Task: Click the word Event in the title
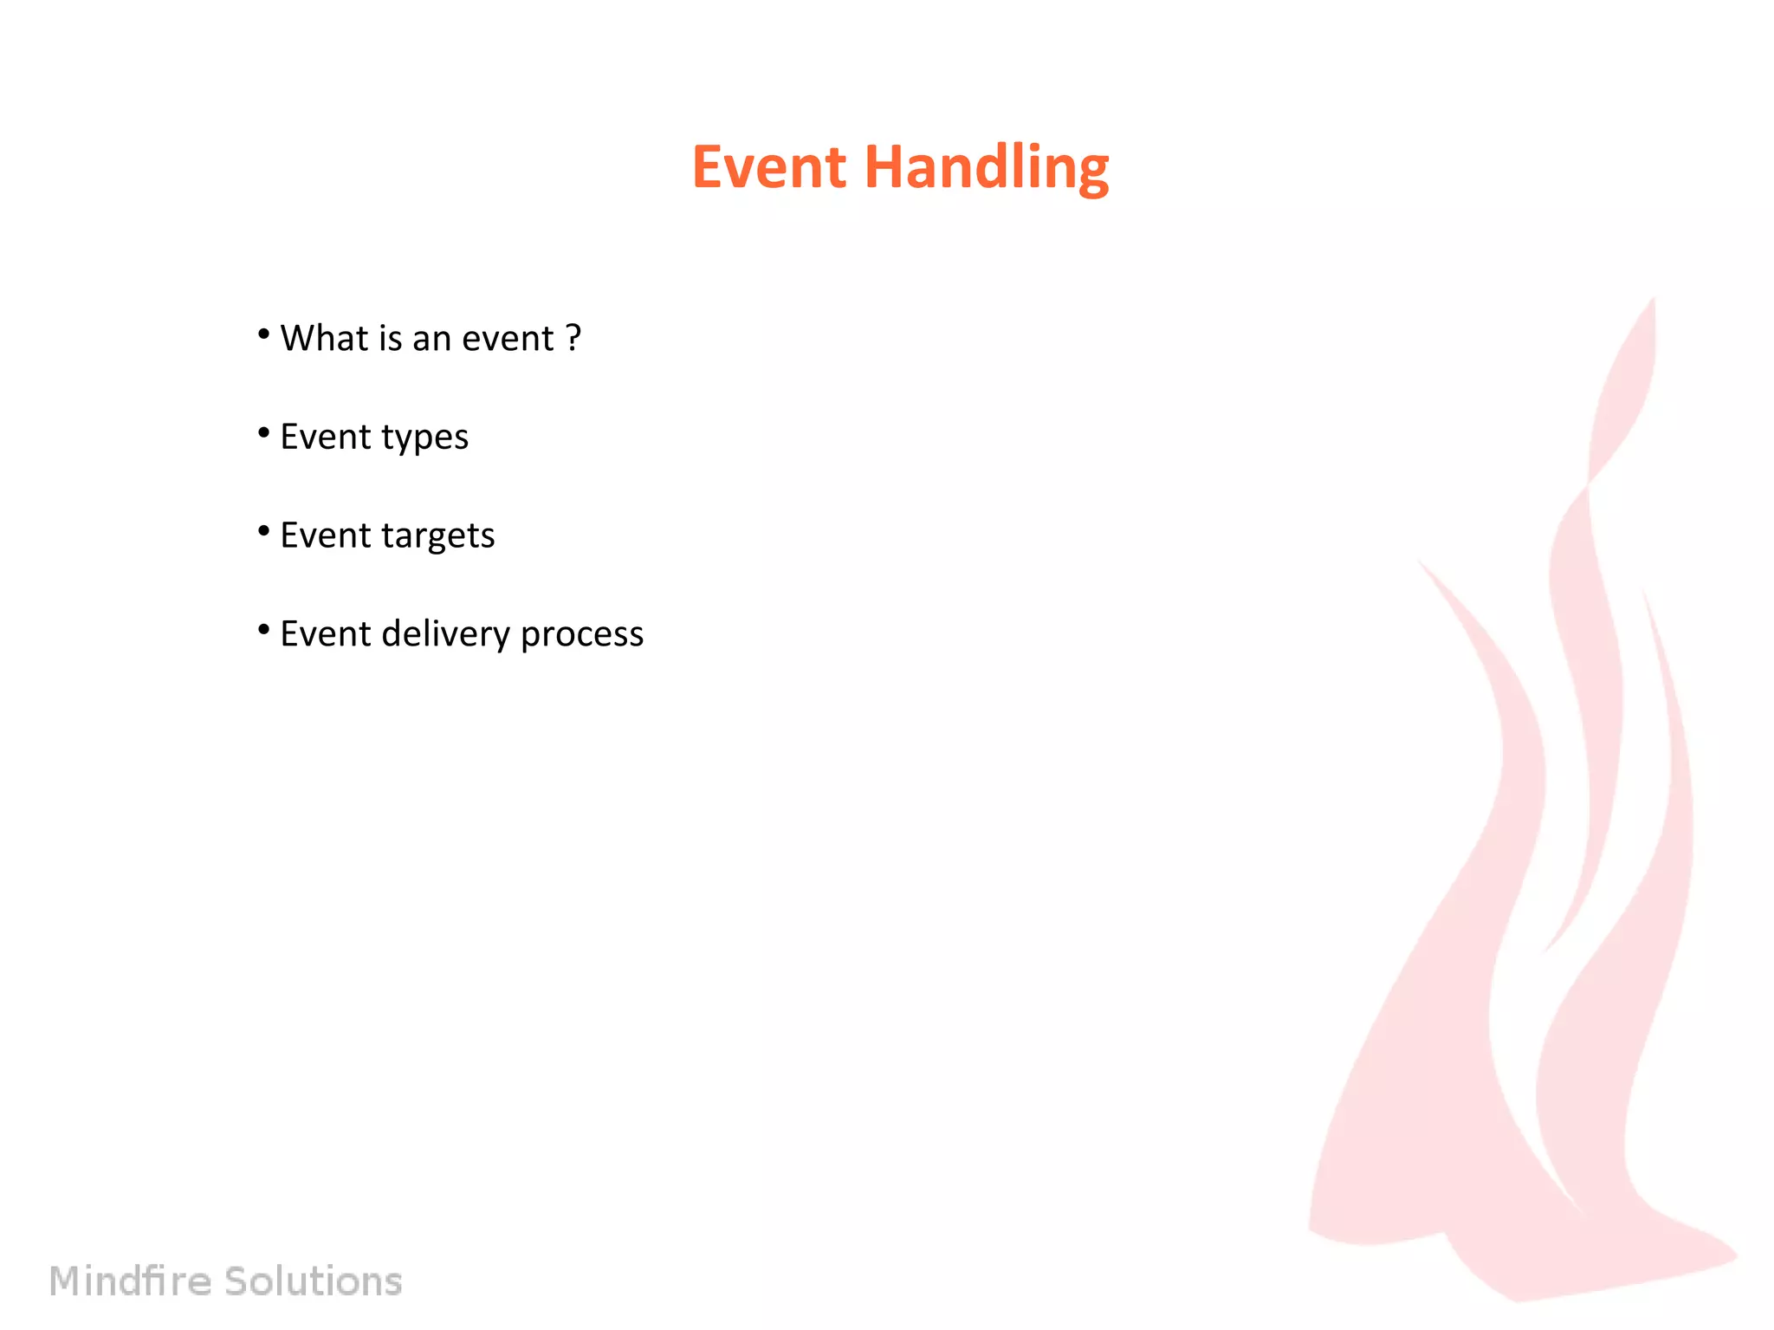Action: (x=768, y=166)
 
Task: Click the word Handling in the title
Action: (x=987, y=168)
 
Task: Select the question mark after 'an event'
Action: (x=573, y=338)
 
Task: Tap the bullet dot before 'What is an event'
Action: (x=264, y=334)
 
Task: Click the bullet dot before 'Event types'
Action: (x=264, y=432)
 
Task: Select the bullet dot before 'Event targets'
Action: (x=264, y=531)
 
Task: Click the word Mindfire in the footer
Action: (x=130, y=1281)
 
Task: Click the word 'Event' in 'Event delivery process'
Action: (x=325, y=634)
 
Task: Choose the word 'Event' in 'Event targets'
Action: (x=325, y=535)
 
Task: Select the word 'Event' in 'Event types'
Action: (x=325, y=437)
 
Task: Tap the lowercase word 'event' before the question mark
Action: (x=508, y=339)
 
